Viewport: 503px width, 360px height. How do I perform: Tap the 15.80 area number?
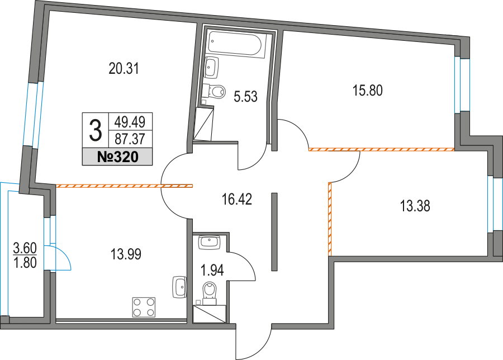click(367, 89)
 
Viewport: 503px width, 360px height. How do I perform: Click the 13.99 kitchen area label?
click(126, 255)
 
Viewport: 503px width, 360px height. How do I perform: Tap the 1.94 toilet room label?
click(212, 272)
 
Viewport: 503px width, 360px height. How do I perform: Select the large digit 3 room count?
click(96, 130)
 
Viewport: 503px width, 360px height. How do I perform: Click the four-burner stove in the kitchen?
click(144, 307)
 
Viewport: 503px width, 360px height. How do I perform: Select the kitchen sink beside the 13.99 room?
click(179, 287)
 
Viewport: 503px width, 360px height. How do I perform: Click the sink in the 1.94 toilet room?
click(209, 242)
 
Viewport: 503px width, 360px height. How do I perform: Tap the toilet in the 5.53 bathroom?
click(214, 91)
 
